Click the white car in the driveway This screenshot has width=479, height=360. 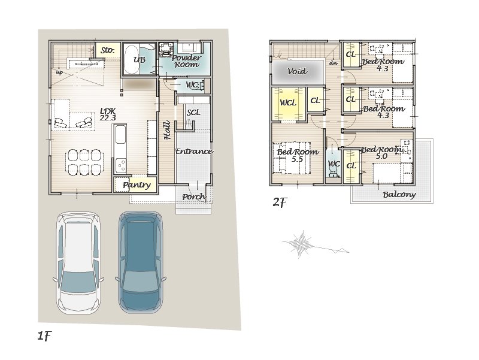[78, 263]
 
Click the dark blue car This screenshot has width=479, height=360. [141, 262]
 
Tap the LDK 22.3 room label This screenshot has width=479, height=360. [108, 114]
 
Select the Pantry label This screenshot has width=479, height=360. [137, 185]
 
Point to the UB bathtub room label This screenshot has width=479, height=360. [140, 59]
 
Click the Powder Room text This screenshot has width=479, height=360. [186, 61]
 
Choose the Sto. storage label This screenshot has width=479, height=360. [107, 50]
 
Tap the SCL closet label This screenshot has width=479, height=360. [193, 113]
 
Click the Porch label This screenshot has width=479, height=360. [194, 197]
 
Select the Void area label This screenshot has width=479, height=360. [297, 71]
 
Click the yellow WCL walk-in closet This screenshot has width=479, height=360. [289, 104]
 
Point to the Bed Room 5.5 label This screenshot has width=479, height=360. [298, 155]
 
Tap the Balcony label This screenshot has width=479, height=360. [399, 194]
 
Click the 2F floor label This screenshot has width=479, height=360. [280, 202]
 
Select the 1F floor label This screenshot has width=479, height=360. [44, 336]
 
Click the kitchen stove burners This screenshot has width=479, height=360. [121, 165]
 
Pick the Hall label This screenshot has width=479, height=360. [167, 131]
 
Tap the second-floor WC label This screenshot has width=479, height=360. [334, 164]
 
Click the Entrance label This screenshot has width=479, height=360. [194, 152]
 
